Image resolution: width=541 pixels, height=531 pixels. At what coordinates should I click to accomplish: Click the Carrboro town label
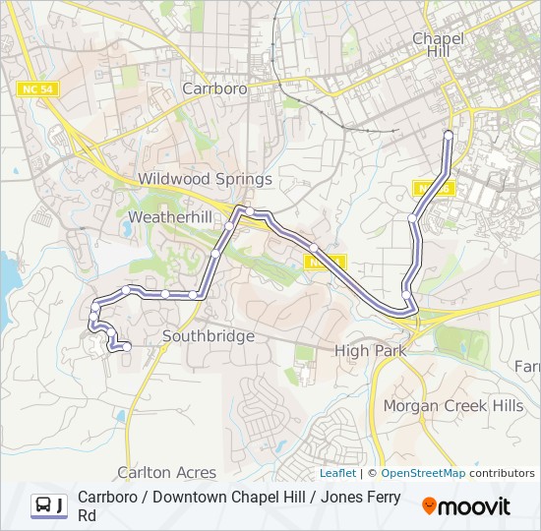tap(214, 88)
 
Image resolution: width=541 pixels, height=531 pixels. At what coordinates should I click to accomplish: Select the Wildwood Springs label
tap(205, 179)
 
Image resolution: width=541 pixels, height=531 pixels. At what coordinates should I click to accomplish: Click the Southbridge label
tap(209, 336)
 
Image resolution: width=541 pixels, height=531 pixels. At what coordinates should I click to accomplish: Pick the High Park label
tap(366, 351)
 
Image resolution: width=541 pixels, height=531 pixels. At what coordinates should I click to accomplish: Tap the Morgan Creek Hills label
tap(453, 405)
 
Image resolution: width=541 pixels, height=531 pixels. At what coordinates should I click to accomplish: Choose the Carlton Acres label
tap(166, 473)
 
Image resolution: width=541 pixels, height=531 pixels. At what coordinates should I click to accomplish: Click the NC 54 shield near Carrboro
tap(37, 89)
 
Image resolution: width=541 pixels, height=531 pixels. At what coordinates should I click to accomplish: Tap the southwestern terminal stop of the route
tap(127, 346)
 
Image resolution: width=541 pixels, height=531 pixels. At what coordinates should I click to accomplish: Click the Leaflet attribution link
tap(337, 473)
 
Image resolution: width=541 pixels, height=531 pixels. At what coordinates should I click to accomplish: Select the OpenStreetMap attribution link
tap(423, 473)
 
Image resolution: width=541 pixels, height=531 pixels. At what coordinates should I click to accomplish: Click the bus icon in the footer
tap(44, 505)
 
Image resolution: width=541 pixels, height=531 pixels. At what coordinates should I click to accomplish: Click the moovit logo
tap(466, 506)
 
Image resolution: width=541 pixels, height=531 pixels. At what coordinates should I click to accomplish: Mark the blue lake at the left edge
tap(8, 275)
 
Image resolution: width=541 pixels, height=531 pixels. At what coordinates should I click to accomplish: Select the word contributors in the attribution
tap(502, 473)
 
